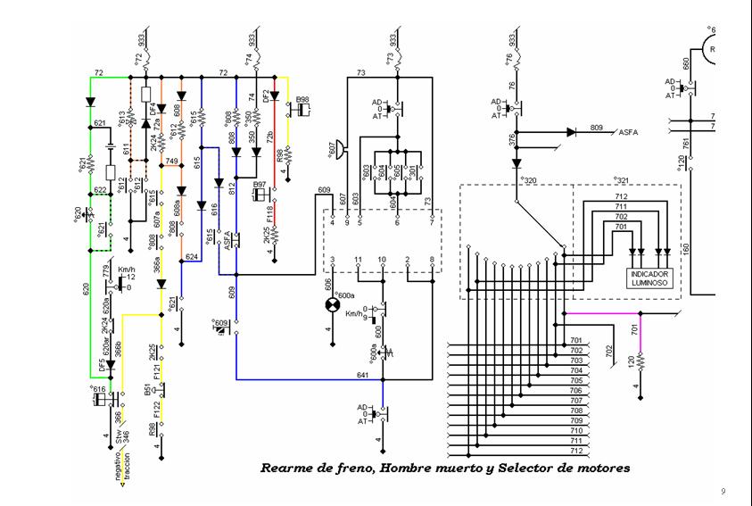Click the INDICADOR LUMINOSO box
point(649,278)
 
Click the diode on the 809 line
point(571,131)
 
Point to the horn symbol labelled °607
point(340,146)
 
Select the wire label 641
point(362,376)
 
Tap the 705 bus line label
point(576,380)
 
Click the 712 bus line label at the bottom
point(576,449)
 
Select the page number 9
point(723,492)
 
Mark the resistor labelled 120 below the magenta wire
point(639,363)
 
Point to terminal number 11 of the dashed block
point(359,260)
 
